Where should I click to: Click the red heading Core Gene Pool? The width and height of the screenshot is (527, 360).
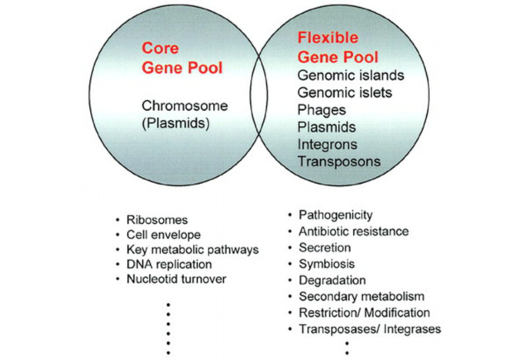point(181,58)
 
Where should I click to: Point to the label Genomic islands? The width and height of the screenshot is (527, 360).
point(351,75)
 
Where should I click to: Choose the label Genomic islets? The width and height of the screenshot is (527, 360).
point(345,92)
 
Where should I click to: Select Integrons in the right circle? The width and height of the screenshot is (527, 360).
point(326,144)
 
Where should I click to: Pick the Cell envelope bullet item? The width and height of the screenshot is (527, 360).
point(163,234)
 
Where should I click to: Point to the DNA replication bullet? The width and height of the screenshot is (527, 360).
point(170,264)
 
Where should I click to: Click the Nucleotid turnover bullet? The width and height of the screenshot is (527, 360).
point(176,278)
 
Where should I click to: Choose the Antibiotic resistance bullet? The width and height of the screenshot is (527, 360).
point(352,231)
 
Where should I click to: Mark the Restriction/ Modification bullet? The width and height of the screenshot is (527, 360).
point(363,312)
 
